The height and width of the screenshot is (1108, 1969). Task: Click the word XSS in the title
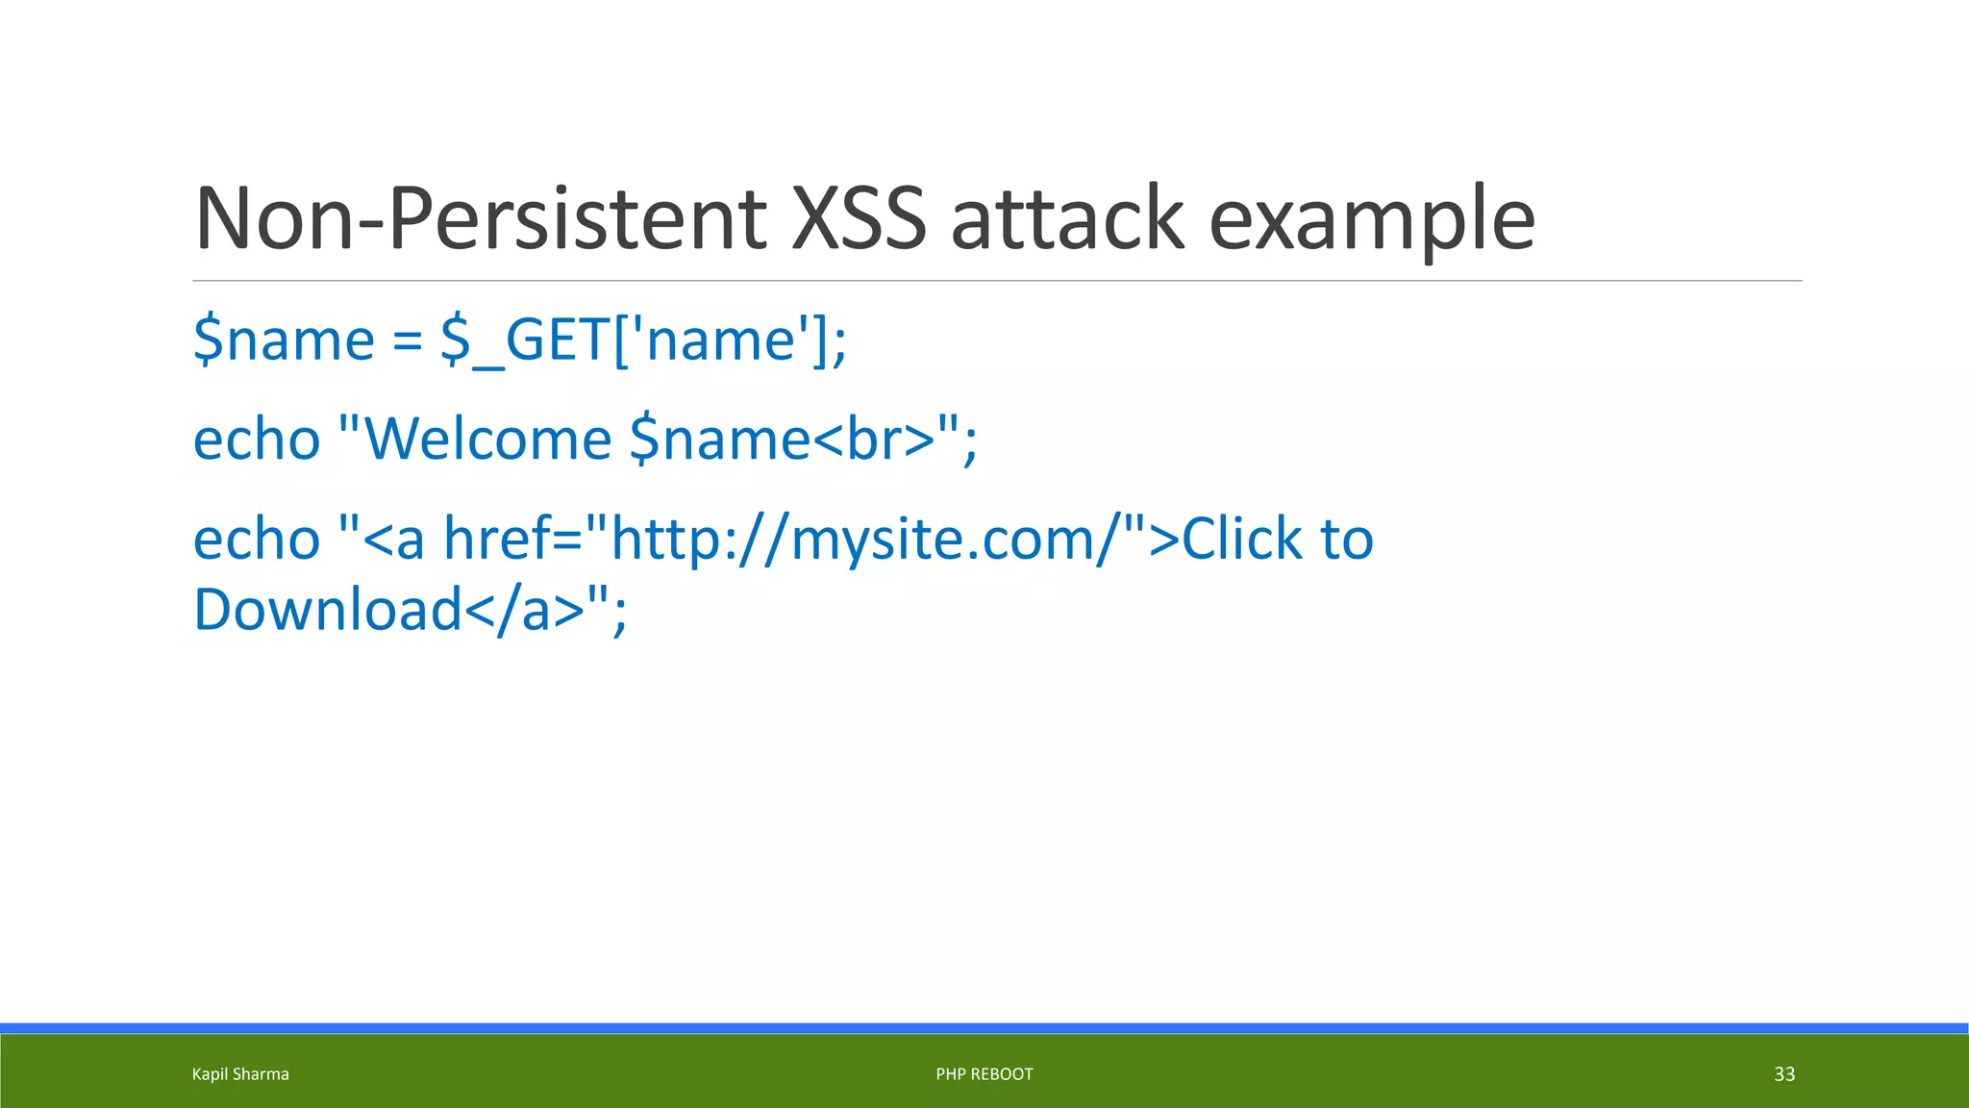click(859, 218)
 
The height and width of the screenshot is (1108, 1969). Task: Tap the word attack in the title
click(1067, 218)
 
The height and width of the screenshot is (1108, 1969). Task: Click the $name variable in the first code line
click(284, 340)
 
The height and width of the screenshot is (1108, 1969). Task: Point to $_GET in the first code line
click(524, 340)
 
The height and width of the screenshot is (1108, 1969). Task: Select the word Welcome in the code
click(488, 440)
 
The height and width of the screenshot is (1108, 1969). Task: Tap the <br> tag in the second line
click(874, 440)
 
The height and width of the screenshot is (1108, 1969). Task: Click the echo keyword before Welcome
click(257, 440)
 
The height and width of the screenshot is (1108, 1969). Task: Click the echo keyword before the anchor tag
click(257, 540)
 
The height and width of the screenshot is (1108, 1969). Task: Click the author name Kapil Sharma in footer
click(240, 1074)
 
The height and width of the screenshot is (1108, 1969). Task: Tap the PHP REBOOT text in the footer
click(984, 1074)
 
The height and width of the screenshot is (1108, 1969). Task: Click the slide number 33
click(1784, 1074)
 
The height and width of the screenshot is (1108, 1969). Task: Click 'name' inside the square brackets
click(721, 340)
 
